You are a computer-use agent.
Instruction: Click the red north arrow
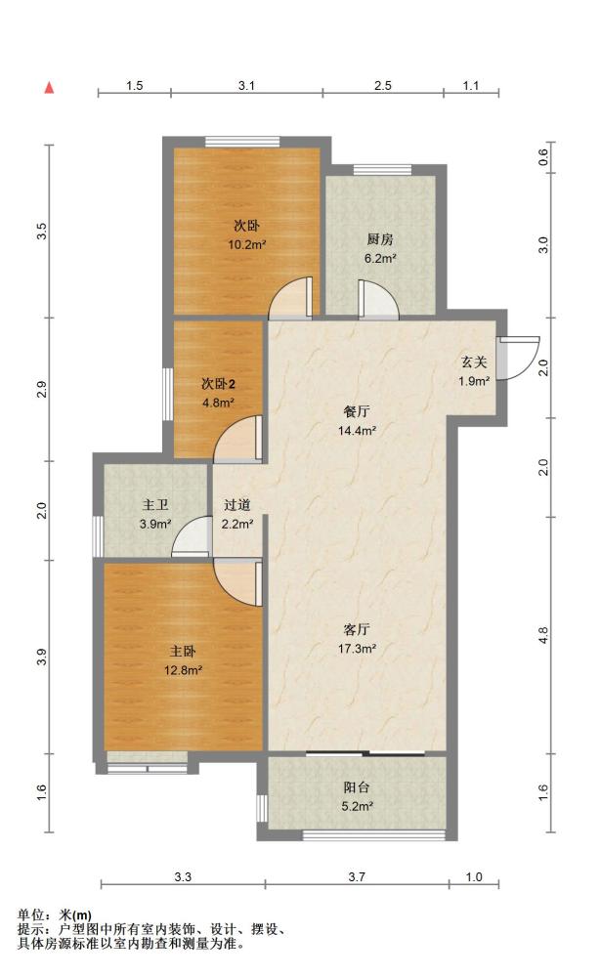tap(49, 87)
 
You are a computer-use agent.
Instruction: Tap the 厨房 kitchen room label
tap(380, 239)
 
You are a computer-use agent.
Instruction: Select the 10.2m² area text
tap(247, 244)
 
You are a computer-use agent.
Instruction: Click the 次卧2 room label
tap(218, 384)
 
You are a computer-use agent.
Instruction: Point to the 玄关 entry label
tap(474, 362)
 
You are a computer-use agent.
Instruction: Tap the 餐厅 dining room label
tap(357, 411)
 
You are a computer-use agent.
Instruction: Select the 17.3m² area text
tap(357, 649)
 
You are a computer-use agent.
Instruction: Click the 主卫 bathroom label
tap(155, 505)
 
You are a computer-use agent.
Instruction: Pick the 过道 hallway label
tap(236, 505)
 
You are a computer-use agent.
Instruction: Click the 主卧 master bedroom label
tap(183, 652)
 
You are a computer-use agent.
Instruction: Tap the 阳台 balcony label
tap(357, 787)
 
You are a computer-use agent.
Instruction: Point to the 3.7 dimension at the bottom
tap(357, 876)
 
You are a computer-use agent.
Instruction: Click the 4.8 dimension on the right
tap(543, 635)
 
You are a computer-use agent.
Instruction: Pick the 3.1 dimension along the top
tap(246, 85)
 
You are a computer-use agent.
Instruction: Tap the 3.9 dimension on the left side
tap(42, 657)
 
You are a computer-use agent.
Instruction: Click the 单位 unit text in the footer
tap(30, 914)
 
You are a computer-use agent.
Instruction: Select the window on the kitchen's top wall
tap(382, 169)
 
